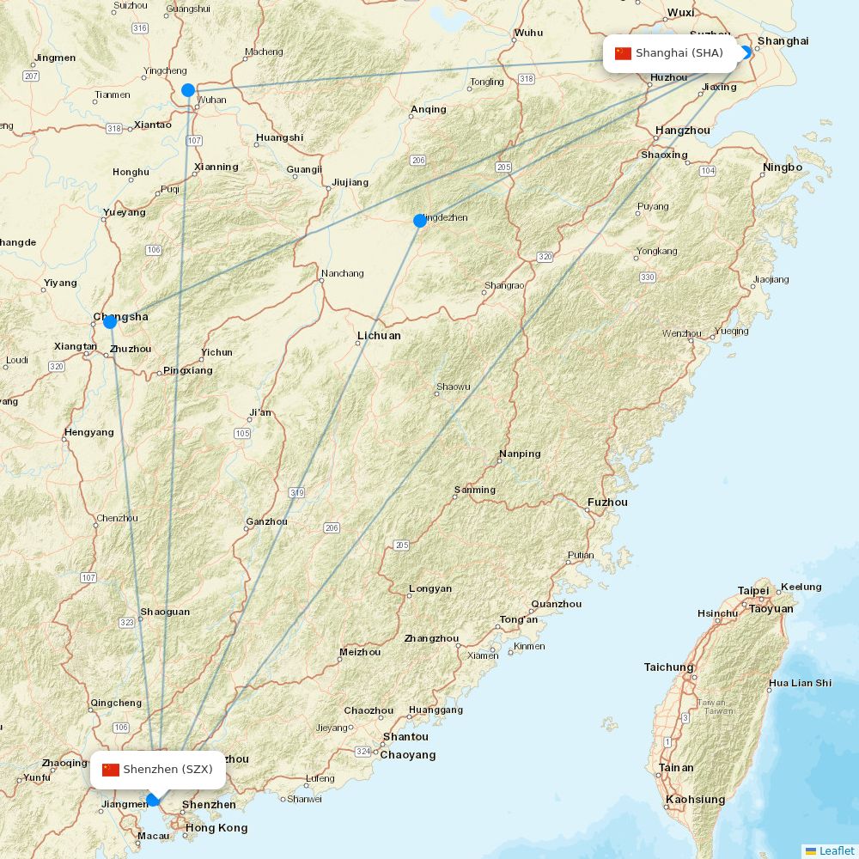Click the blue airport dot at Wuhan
pyautogui.click(x=188, y=90)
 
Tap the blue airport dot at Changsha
pyautogui.click(x=110, y=322)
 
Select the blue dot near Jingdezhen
pyautogui.click(x=420, y=221)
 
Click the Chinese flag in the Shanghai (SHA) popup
pyautogui.click(x=623, y=53)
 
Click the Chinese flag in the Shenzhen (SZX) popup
pyautogui.click(x=110, y=770)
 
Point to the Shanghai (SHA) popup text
pyautogui.click(x=679, y=53)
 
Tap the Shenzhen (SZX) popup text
pyautogui.click(x=168, y=770)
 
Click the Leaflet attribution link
pyautogui.click(x=836, y=850)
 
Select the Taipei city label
pyautogui.click(x=753, y=591)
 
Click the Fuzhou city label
pyautogui.click(x=607, y=503)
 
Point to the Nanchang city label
pyautogui.click(x=342, y=274)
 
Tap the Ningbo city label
pyautogui.click(x=782, y=168)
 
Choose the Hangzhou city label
pyautogui.click(x=682, y=131)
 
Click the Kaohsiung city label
pyautogui.click(x=695, y=800)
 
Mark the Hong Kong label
pyautogui.click(x=216, y=828)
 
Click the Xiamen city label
pyautogui.click(x=483, y=655)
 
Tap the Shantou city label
pyautogui.click(x=405, y=737)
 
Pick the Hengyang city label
pyautogui.click(x=88, y=433)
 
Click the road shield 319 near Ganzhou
pyautogui.click(x=297, y=493)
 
